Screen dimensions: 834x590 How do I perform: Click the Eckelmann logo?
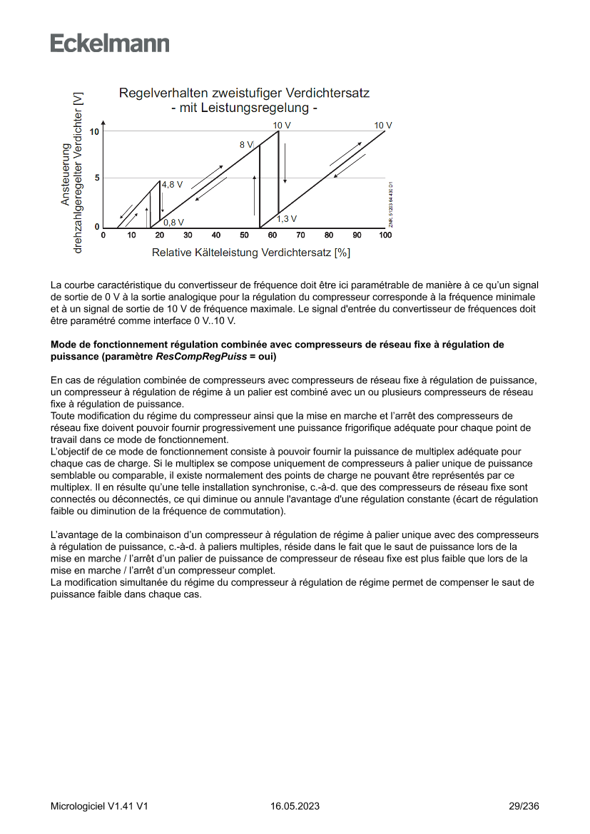[110, 43]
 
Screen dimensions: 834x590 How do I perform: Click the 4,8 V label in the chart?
[172, 184]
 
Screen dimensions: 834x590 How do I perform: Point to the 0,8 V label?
[173, 222]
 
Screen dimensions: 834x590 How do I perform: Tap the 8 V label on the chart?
[246, 144]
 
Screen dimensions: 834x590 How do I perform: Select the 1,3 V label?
[287, 218]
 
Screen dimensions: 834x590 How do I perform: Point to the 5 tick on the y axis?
[97, 178]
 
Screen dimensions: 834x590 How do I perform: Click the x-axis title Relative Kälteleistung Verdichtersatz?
[250, 253]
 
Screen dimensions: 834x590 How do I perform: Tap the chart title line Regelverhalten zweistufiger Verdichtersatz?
[244, 93]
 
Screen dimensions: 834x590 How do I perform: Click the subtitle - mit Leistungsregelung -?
[244, 108]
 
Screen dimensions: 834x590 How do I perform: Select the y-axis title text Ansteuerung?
[66, 175]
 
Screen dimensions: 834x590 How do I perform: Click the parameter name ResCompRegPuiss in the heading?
[200, 356]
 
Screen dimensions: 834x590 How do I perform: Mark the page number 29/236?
[524, 806]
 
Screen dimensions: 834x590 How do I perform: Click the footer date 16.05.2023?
[295, 806]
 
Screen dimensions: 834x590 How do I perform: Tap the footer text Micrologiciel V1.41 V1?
[99, 806]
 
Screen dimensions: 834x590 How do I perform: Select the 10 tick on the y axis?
[95, 132]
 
